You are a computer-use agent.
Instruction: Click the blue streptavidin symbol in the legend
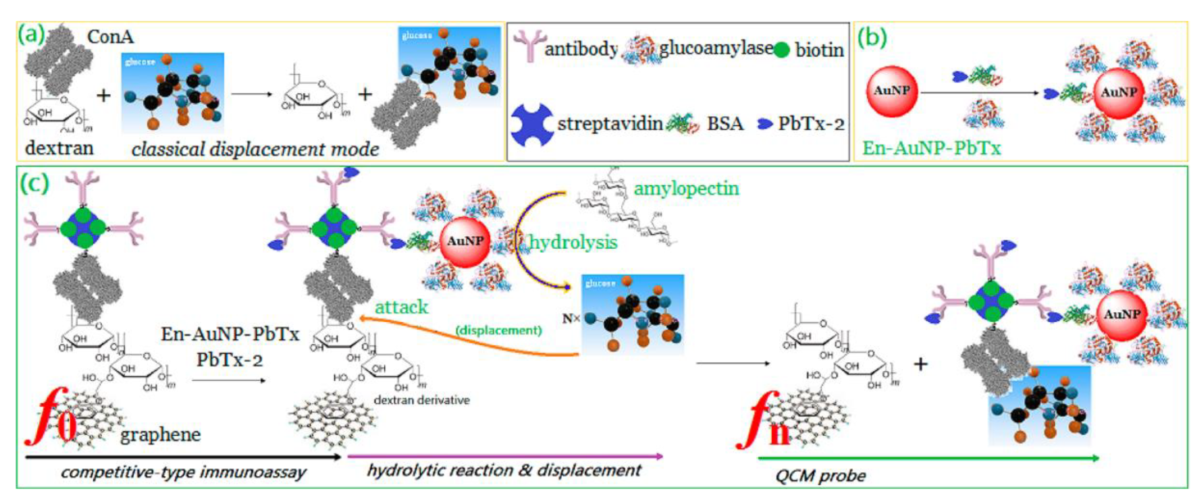[x=531, y=124]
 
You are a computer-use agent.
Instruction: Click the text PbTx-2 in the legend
[x=811, y=124]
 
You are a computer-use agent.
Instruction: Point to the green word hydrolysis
[x=573, y=243]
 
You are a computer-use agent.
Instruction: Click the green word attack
[x=401, y=307]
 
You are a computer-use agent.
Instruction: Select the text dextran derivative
[x=422, y=400]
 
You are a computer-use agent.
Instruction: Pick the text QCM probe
[x=820, y=476]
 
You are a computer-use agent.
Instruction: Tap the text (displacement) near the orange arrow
[x=499, y=330]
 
